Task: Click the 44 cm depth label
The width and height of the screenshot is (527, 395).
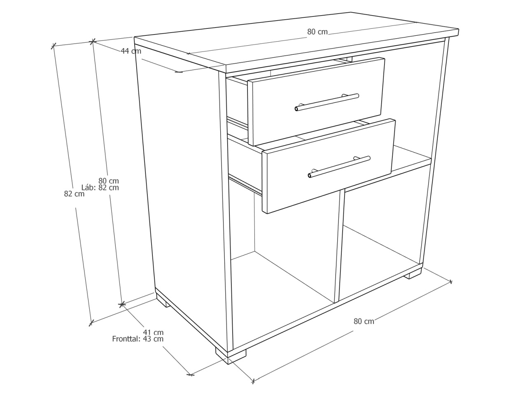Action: tap(131, 51)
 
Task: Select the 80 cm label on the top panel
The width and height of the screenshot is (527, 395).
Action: tap(317, 32)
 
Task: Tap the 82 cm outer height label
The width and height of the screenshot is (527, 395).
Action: tap(74, 194)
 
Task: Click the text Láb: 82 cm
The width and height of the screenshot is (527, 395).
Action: tap(100, 188)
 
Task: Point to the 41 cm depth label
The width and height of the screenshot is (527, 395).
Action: tap(153, 332)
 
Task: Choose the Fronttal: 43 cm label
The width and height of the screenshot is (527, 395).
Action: tap(138, 339)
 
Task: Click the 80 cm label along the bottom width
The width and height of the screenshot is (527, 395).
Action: tap(364, 321)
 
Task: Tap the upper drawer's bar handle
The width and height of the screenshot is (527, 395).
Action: tap(327, 102)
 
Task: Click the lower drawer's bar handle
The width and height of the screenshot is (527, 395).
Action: tap(339, 167)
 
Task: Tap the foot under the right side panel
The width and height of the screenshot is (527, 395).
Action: tap(413, 274)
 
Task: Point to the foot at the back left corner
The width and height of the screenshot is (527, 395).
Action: tap(163, 302)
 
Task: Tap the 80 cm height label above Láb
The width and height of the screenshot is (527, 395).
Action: tap(109, 181)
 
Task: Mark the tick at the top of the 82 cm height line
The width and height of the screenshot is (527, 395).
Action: tap(54, 46)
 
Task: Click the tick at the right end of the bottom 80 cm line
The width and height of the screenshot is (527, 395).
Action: tap(451, 281)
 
